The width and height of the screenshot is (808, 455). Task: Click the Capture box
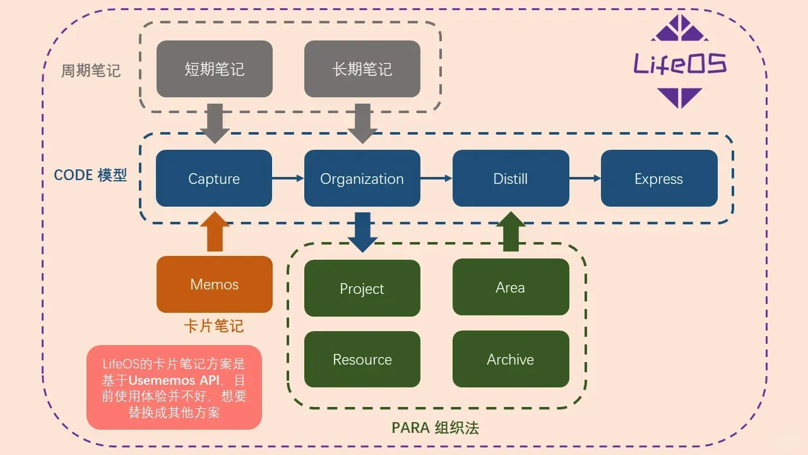[x=214, y=178]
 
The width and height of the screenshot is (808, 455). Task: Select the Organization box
[x=362, y=178]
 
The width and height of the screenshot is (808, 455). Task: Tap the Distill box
[x=510, y=178]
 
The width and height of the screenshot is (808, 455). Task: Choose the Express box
[x=658, y=178]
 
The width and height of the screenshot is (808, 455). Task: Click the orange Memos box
[x=214, y=284]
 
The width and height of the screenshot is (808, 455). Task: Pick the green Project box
[x=362, y=288]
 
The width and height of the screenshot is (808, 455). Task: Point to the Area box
[x=510, y=287]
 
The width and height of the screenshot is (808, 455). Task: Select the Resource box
[x=362, y=359]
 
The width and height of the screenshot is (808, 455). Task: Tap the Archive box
[x=510, y=359]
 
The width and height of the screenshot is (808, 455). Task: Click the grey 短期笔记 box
[x=214, y=69]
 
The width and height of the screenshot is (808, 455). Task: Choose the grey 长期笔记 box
[x=362, y=69]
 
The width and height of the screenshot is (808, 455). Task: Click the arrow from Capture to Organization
[x=288, y=178]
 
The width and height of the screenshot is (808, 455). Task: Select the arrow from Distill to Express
[x=585, y=178]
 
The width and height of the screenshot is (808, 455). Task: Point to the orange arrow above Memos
[x=215, y=233]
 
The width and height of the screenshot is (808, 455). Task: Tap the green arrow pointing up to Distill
[x=511, y=232]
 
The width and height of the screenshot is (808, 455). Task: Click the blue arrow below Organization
[x=362, y=232]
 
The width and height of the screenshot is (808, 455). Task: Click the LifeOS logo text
[x=680, y=64]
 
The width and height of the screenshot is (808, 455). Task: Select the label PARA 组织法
[x=435, y=428]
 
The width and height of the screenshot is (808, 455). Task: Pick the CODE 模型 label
[x=90, y=175]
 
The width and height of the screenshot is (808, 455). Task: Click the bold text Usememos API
[x=174, y=380]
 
